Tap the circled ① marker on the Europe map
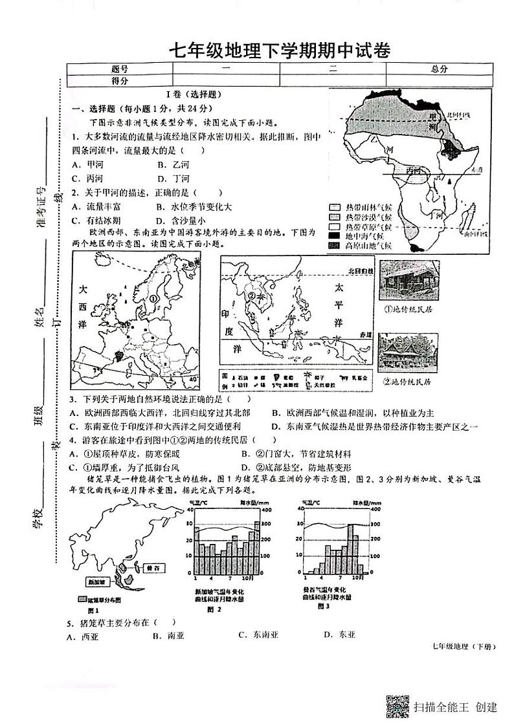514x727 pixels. (x=153, y=299)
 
